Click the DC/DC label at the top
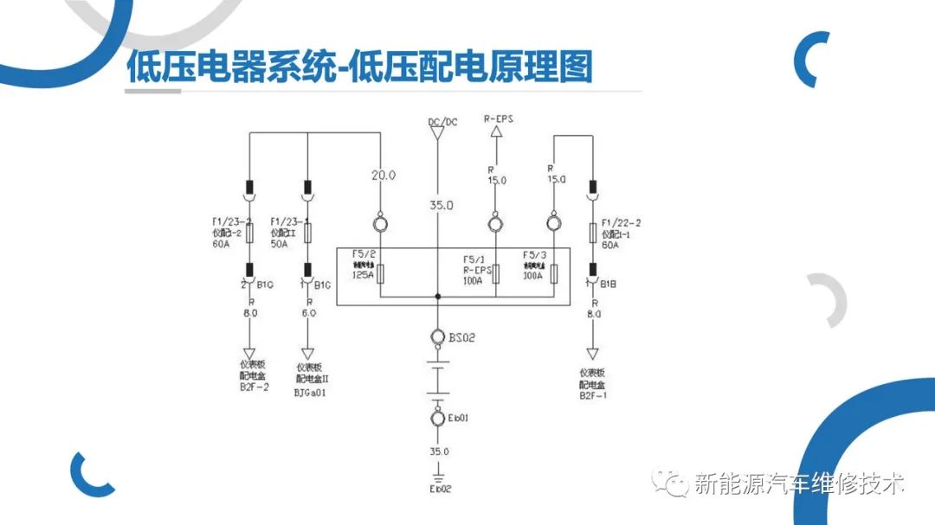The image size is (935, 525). coord(442,122)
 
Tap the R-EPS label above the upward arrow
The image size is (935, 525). coord(498,118)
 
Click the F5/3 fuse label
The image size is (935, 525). coord(533,255)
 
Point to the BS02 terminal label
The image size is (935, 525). coord(462,336)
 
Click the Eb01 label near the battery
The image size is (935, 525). coord(458,419)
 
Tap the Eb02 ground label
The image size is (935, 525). coord(440,490)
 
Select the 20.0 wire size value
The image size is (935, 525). coord(384,175)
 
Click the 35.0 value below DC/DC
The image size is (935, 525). coord(441,205)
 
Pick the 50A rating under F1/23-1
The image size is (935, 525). coord(279,245)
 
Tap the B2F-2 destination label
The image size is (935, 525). coord(253,388)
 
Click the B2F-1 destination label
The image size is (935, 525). coord(593,395)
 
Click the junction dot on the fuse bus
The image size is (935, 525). coord(439,297)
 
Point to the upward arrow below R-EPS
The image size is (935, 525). coord(497,133)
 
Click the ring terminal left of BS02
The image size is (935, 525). coord(439,336)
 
